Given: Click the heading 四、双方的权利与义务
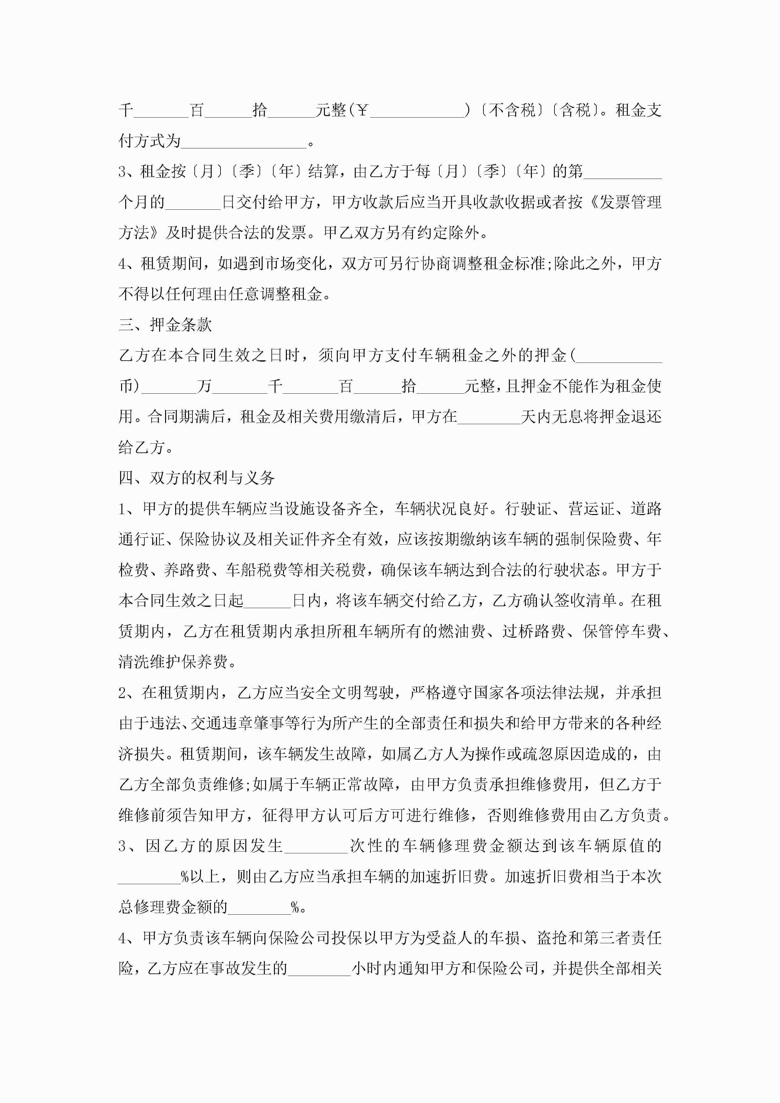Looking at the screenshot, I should tap(197, 478).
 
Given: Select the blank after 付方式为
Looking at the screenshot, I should tap(244, 141).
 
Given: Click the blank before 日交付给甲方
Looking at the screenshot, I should tap(192, 202).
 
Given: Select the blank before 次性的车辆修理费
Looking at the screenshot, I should tap(316, 845).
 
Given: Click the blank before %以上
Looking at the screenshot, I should tap(149, 876).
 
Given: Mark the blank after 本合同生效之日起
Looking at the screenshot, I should tap(268, 601).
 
